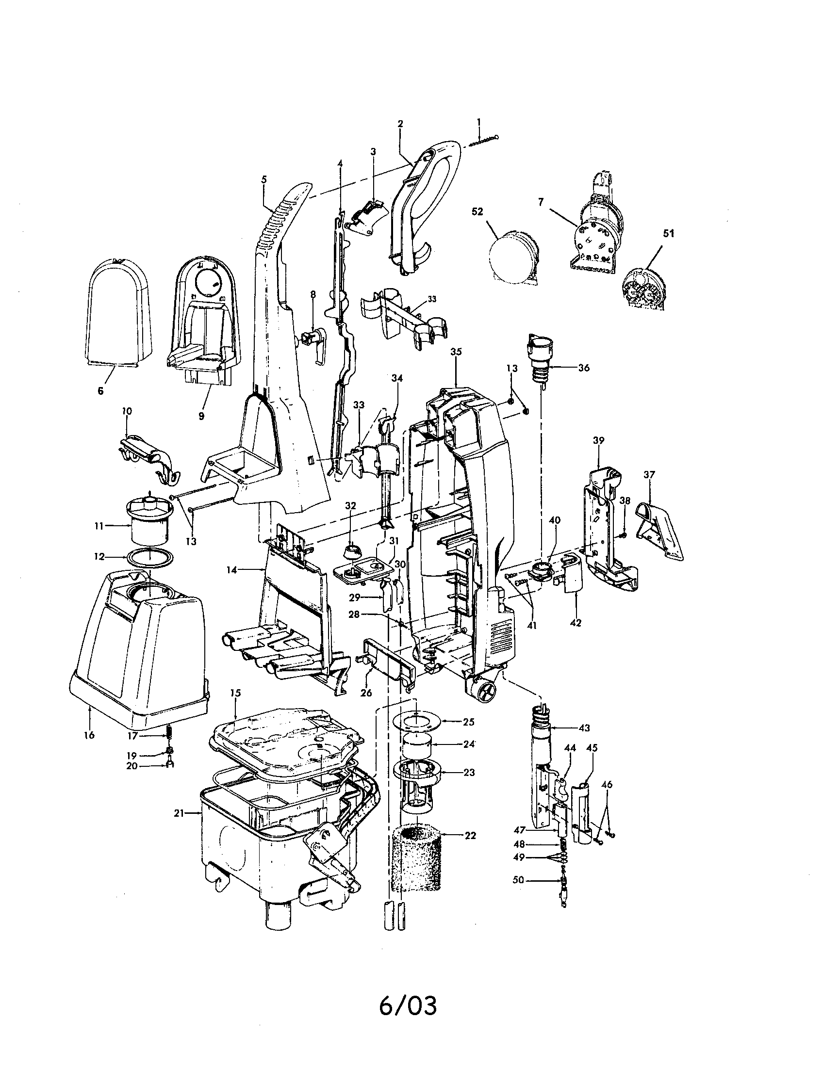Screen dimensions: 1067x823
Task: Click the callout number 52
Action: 477,211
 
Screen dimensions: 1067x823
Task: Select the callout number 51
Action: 668,234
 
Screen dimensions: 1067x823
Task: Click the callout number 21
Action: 178,813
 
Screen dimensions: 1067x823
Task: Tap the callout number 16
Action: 89,735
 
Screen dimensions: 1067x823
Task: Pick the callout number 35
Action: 456,352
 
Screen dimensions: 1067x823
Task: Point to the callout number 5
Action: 264,179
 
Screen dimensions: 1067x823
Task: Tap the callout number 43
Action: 584,727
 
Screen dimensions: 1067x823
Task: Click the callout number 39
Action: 598,440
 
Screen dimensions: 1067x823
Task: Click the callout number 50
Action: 518,880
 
